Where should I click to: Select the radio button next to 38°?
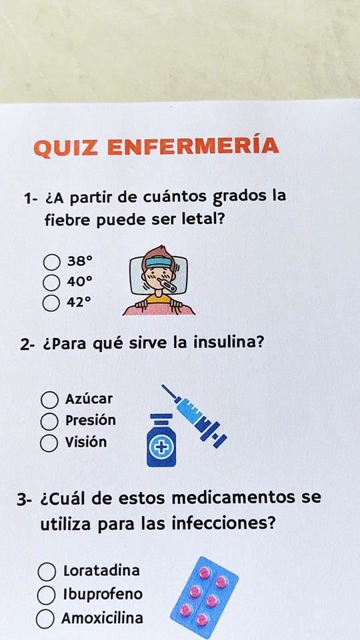52,262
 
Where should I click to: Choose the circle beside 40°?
51,282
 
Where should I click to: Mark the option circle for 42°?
51,303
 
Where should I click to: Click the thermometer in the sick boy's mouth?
167,285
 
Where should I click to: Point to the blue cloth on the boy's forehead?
159,262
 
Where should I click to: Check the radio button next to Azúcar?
49,400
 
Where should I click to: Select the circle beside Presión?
49,421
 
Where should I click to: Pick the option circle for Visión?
49,444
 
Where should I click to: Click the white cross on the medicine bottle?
161,448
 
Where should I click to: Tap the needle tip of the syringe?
162,385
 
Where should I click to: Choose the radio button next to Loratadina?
47,572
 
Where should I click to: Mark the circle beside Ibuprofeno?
46,595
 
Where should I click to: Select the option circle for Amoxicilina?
45,619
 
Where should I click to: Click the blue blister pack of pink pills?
204,597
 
